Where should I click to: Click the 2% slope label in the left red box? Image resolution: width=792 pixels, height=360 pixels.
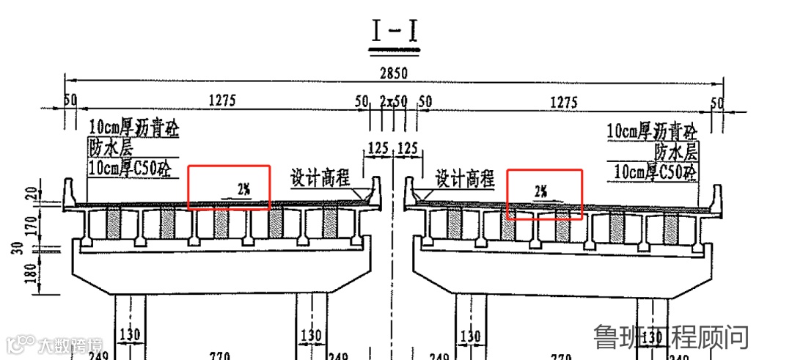[x=243, y=189]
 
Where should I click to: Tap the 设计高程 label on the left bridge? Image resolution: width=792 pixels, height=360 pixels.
[x=320, y=178]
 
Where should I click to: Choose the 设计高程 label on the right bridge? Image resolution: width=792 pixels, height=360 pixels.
[x=465, y=178]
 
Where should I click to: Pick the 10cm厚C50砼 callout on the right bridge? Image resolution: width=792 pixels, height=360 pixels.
[x=655, y=172]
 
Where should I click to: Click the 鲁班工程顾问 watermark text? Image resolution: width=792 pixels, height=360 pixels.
[x=671, y=337]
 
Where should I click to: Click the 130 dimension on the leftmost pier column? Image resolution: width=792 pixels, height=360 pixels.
[x=129, y=335]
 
